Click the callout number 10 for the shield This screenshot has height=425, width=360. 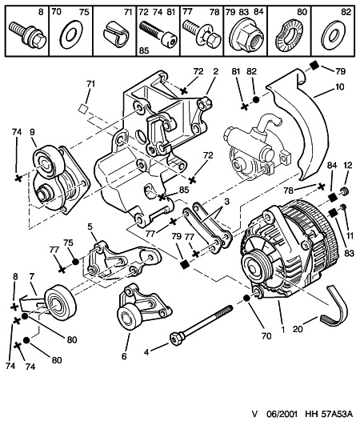pyautogui.click(x=339, y=87)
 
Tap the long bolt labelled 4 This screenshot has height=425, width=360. pyautogui.click(x=201, y=324)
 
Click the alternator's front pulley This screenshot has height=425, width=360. pyautogui.click(x=255, y=267)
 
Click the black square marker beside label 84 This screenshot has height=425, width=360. pyautogui.click(x=331, y=197)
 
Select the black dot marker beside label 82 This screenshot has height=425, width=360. pyautogui.click(x=256, y=100)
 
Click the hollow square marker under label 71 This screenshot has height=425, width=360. pyautogui.click(x=82, y=109)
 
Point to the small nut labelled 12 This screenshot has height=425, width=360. pyautogui.click(x=345, y=190)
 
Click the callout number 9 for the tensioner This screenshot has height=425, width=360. pyautogui.click(x=32, y=132)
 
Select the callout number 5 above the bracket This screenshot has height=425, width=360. pyautogui.click(x=90, y=227)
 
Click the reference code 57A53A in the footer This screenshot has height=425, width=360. pyautogui.click(x=337, y=415)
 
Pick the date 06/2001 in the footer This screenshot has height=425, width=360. pyautogui.click(x=282, y=415)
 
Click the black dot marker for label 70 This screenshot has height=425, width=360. pyautogui.click(x=246, y=298)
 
